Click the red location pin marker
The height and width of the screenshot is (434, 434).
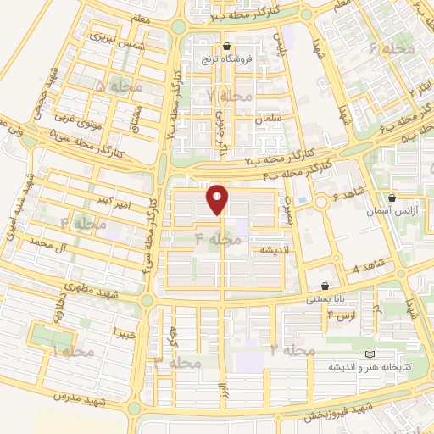[218, 199]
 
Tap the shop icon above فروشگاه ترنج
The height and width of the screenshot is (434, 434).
[226, 47]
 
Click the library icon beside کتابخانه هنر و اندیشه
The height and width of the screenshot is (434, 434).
[367, 354]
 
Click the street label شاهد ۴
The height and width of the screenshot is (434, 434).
[368, 268]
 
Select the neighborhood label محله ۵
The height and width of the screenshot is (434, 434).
[113, 86]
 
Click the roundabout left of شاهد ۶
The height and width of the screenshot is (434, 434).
[322, 202]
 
